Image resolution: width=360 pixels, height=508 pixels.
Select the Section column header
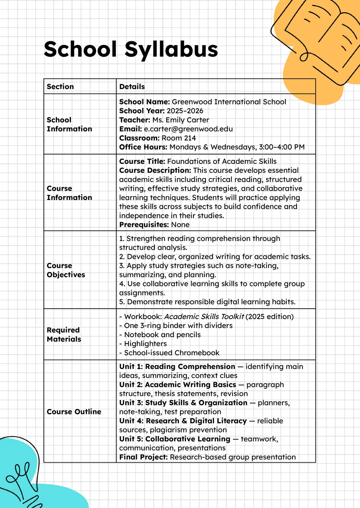click(60, 87)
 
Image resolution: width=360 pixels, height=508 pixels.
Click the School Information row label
click(69, 124)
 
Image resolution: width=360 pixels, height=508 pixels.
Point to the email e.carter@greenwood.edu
click(188, 129)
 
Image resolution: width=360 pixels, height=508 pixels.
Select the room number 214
click(190, 138)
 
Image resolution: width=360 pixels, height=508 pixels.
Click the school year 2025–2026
click(185, 111)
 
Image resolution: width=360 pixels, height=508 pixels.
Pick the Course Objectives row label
click(66, 270)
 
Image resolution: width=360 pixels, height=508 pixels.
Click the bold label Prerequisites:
click(144, 224)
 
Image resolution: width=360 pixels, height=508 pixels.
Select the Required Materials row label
click(64, 335)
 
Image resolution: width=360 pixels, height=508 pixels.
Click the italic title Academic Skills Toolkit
click(204, 317)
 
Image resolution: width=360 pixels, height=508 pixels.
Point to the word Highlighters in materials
click(145, 344)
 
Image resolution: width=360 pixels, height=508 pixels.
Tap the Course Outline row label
click(74, 412)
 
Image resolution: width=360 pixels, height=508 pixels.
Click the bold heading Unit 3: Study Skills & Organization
click(183, 403)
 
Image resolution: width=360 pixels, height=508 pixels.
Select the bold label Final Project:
click(143, 457)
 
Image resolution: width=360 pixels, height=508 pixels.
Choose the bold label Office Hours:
click(143, 147)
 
